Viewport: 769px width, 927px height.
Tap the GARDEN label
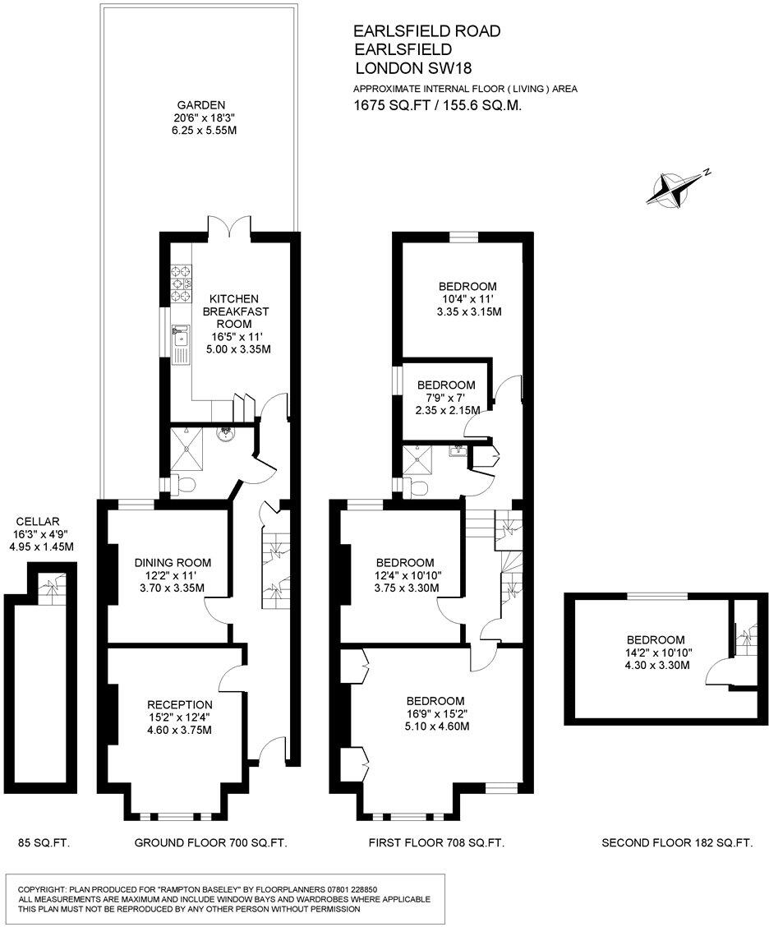pos(200,105)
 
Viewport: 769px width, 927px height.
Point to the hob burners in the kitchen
pos(180,282)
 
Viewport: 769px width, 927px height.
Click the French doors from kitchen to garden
pos(228,228)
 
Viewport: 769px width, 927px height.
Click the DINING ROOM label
pos(173,563)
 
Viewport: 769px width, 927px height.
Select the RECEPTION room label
pos(179,704)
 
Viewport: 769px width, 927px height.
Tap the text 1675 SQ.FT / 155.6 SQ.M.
pos(438,105)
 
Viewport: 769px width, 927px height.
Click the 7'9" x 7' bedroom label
pos(446,385)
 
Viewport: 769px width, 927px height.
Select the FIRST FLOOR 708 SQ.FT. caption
pos(435,842)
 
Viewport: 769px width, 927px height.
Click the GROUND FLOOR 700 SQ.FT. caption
pos(210,842)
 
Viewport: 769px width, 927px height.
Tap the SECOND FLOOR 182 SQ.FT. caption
pos(677,842)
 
